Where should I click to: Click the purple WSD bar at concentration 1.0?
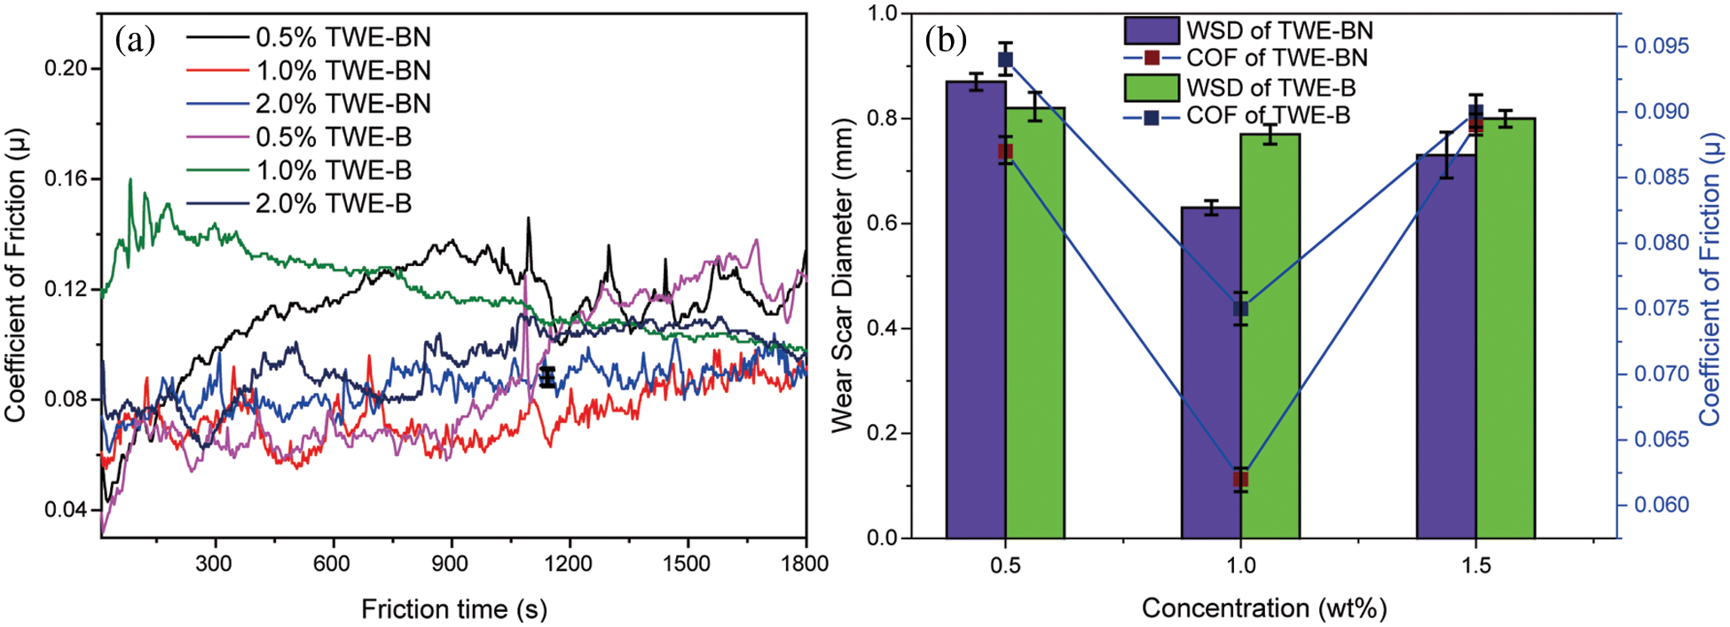(1210, 372)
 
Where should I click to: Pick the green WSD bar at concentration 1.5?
(1506, 328)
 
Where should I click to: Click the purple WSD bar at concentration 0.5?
(976, 310)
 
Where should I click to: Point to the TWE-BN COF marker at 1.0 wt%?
(1240, 480)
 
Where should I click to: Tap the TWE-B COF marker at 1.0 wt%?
(1240, 309)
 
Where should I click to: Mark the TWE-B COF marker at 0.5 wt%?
(1005, 60)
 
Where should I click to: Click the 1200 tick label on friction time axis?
(568, 564)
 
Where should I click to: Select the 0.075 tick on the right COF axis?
(1662, 309)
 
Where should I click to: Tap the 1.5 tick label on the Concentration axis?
(1476, 565)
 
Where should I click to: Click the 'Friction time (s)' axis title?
(453, 609)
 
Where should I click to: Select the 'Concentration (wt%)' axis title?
(1263, 608)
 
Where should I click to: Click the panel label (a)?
(135, 40)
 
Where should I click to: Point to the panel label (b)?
(945, 40)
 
